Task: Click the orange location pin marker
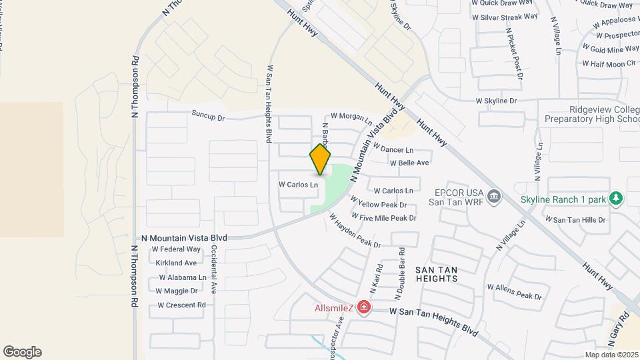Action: tap(321, 159)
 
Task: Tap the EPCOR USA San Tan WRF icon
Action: tap(495, 196)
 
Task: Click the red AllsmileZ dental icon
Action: tap(364, 307)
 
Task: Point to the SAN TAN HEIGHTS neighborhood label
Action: tap(437, 273)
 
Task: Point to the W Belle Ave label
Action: tap(409, 163)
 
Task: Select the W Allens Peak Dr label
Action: tap(515, 291)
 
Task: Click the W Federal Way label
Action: tap(176, 249)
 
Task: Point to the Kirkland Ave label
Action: tap(177, 263)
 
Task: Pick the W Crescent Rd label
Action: tap(181, 305)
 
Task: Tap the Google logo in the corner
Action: tap(22, 352)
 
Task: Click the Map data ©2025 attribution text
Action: tap(611, 355)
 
